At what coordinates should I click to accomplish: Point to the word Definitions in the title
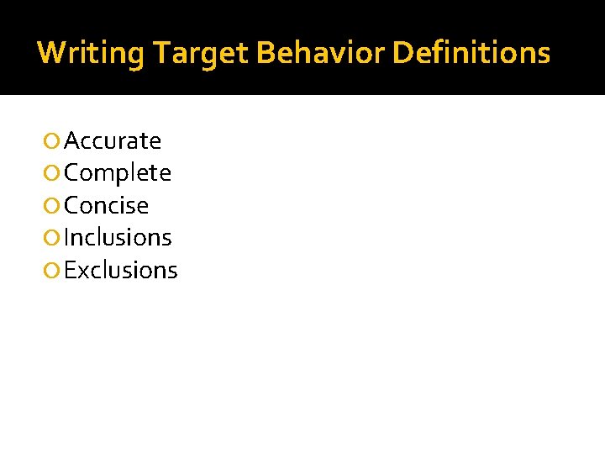pyautogui.click(x=471, y=54)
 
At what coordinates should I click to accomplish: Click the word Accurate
pyautogui.click(x=113, y=140)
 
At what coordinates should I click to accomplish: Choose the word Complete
pyautogui.click(x=118, y=173)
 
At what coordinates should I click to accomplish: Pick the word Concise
pyautogui.click(x=107, y=205)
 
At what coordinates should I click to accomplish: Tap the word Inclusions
pyautogui.click(x=118, y=238)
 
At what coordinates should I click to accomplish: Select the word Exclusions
pyautogui.click(x=121, y=270)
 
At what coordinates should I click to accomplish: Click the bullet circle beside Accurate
pyautogui.click(x=54, y=141)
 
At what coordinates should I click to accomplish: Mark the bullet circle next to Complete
pyautogui.click(x=54, y=174)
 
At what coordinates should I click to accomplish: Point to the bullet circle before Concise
pyautogui.click(x=54, y=206)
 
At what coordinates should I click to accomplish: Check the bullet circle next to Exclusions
pyautogui.click(x=54, y=271)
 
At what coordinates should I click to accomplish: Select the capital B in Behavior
pyautogui.click(x=265, y=54)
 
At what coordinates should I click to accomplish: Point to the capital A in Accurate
pyautogui.click(x=72, y=140)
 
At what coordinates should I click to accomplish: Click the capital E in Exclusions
pyautogui.click(x=70, y=270)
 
